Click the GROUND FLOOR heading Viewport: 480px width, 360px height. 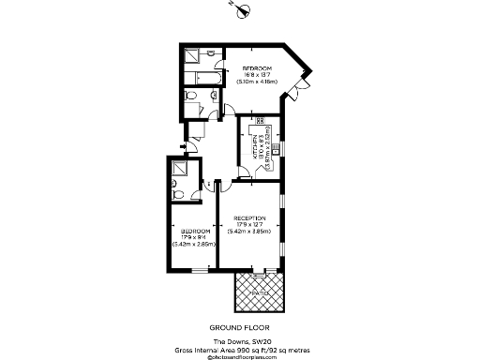[x=241, y=327]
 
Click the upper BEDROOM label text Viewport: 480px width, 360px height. [x=257, y=69]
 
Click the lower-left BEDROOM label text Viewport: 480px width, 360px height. [x=195, y=231]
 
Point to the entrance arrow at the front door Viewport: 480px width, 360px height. [x=182, y=146]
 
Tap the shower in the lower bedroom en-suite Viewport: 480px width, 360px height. [x=182, y=169]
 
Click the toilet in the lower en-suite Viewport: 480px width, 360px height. [x=178, y=194]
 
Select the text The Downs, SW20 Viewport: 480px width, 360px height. [x=240, y=340]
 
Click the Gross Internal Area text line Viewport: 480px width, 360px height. [x=241, y=348]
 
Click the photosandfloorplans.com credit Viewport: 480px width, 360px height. [x=241, y=355]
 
